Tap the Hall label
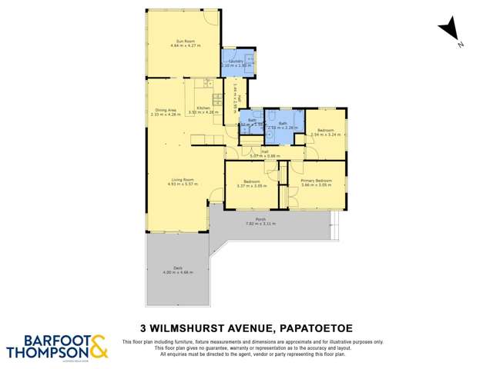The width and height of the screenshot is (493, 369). tap(264, 151)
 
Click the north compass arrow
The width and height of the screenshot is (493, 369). tap(449, 32)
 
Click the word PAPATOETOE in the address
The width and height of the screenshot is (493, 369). tap(314, 324)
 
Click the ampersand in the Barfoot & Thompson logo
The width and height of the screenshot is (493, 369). tap(98, 347)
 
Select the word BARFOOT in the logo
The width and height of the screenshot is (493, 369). tap(47, 341)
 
